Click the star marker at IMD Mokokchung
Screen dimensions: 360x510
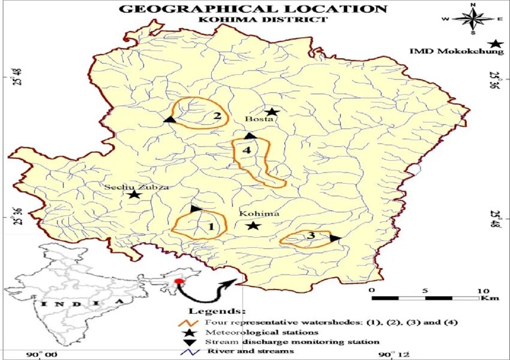pos(495,44)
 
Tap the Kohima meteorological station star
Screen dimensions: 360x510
pos(253,225)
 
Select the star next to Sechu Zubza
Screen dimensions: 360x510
pos(134,195)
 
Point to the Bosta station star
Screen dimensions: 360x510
pos(272,112)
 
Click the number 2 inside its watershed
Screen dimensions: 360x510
pos(217,116)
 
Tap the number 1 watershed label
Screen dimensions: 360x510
pos(211,226)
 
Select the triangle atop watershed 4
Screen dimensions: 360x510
pos(250,136)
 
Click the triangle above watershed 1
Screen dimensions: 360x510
pos(195,209)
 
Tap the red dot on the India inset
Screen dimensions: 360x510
pos(179,281)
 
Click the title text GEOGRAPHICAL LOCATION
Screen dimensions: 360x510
pos(254,9)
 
